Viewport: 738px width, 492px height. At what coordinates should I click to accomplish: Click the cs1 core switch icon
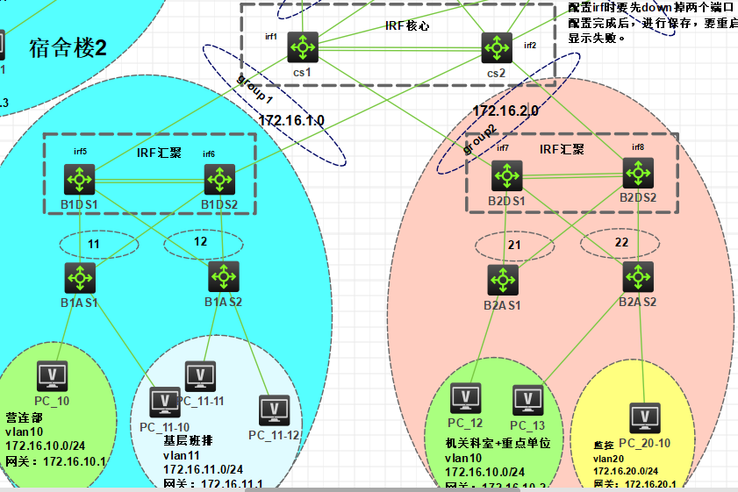[303, 47]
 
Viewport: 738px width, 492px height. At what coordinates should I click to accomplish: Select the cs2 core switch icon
[496, 47]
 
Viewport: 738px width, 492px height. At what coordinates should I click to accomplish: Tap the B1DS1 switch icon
[80, 181]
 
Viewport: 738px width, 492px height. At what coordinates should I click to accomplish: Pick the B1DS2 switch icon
[220, 181]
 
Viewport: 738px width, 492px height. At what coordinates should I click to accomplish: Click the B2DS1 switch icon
[506, 178]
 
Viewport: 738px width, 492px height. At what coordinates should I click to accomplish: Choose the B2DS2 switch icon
[638, 174]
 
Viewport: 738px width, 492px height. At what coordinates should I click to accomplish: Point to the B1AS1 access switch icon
[80, 277]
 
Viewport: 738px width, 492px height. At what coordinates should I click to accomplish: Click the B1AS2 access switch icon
[223, 277]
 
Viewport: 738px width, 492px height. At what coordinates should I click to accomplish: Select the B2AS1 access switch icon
[503, 280]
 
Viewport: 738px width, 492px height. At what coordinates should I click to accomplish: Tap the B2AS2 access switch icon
[637, 276]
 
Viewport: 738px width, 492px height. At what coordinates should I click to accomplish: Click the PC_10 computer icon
[52, 376]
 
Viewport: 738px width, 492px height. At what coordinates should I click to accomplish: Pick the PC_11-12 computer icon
[274, 410]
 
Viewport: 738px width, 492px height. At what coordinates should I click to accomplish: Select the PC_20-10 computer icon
[645, 417]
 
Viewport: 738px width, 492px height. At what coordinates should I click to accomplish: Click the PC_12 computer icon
[465, 398]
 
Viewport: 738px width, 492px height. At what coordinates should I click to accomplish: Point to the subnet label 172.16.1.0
[291, 119]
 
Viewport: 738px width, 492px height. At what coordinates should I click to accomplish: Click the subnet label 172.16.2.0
[505, 111]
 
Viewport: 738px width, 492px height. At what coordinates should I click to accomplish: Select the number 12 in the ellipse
[201, 242]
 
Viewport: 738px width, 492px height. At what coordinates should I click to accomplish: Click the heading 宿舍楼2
[68, 46]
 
